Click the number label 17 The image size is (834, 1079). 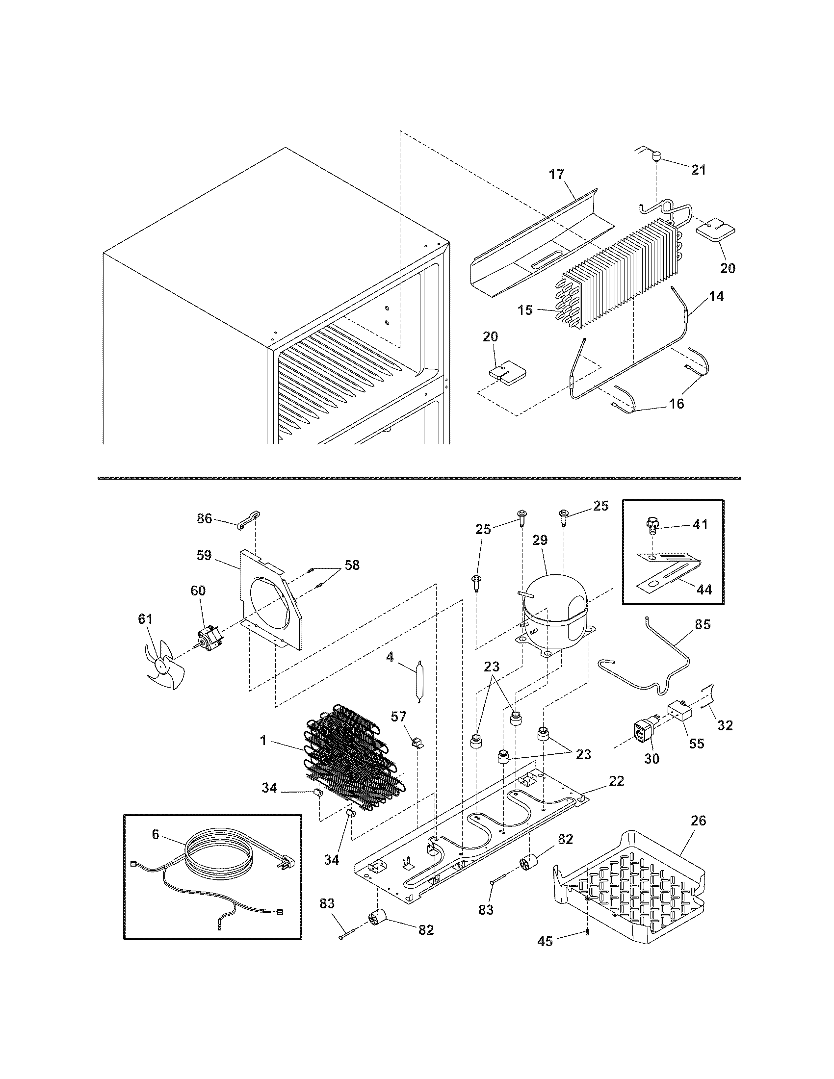[556, 175]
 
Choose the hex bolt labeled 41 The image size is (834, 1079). [652, 527]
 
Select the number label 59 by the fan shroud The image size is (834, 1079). [204, 555]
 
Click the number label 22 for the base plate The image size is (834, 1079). [616, 781]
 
